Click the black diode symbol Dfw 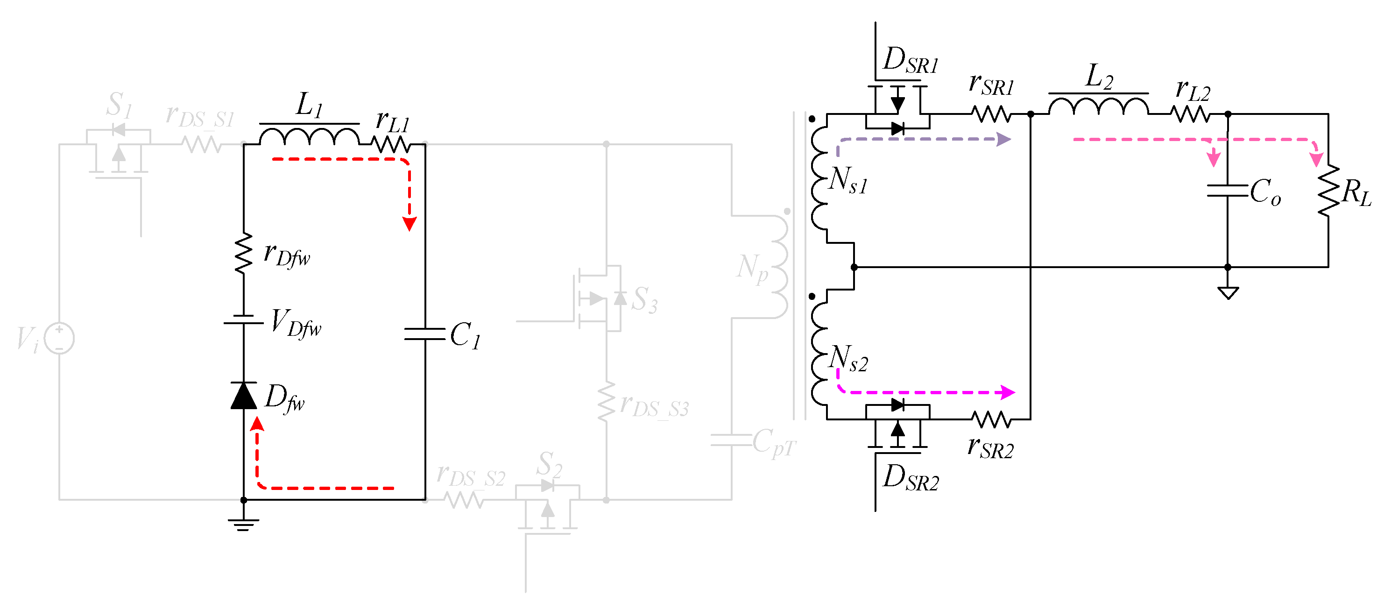tap(244, 396)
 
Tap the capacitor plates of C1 tap(425, 334)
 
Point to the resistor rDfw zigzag tap(244, 253)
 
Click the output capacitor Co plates tap(1228, 190)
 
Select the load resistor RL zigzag tap(1328, 190)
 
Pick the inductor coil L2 tap(1098, 106)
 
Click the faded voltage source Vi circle tap(59, 338)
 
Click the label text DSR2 tap(911, 478)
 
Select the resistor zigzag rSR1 tap(991, 114)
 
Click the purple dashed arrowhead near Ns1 tap(1004, 139)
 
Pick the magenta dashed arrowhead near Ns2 tap(1008, 392)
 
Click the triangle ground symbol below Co tap(1228, 293)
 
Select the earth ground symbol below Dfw tap(244, 524)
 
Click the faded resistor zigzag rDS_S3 tap(607, 401)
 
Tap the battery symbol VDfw tap(244, 320)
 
